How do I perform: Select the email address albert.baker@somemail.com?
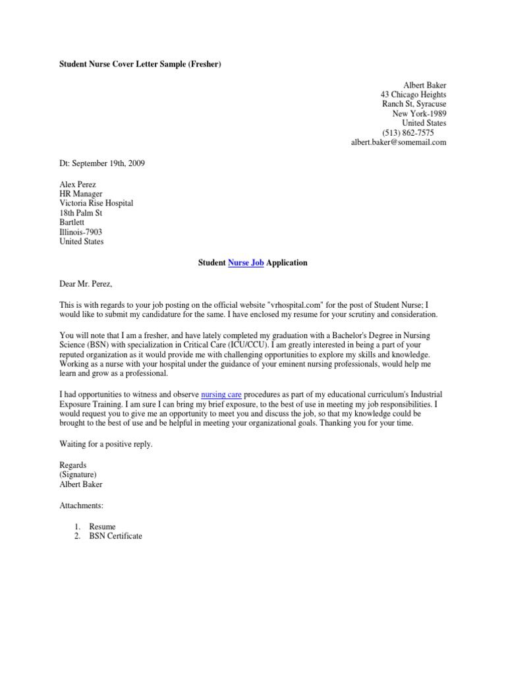coord(398,142)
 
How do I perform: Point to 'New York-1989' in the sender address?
coord(419,114)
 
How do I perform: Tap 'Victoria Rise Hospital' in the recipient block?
coord(96,204)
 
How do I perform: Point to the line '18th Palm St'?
coord(81,214)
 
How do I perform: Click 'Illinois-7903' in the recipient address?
coord(81,232)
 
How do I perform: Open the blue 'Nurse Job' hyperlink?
coord(246,263)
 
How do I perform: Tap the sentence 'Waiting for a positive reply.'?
coord(106,444)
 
